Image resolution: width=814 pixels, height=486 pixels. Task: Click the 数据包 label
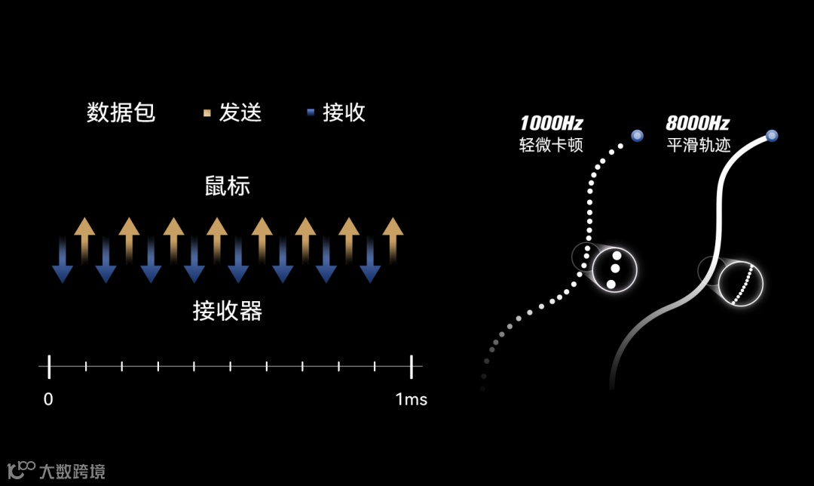click(121, 113)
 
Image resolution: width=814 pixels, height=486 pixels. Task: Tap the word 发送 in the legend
click(240, 113)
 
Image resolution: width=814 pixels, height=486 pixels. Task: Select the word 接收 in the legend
click(344, 113)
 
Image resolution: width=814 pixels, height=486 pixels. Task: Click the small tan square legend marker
click(207, 114)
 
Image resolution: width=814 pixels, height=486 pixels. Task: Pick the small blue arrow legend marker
click(310, 114)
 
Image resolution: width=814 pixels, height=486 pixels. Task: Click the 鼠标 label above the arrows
click(227, 186)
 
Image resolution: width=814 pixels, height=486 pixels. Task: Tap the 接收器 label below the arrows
click(227, 310)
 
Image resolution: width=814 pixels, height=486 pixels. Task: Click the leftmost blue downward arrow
click(62, 260)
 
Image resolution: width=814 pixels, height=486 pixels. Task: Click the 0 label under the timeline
click(48, 399)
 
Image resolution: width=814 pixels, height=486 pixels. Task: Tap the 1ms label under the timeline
click(411, 399)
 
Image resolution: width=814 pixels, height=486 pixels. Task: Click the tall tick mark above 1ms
click(412, 367)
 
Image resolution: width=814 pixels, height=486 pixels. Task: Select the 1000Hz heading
click(551, 124)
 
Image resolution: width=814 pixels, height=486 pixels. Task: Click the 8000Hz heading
click(697, 124)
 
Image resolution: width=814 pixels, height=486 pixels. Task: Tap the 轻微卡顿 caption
click(551, 145)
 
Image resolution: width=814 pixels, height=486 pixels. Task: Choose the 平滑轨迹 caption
click(699, 145)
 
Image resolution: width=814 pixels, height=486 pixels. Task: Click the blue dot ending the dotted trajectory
click(637, 136)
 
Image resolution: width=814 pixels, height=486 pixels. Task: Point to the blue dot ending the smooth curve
click(772, 136)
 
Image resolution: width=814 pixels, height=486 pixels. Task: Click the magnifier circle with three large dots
click(614, 269)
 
